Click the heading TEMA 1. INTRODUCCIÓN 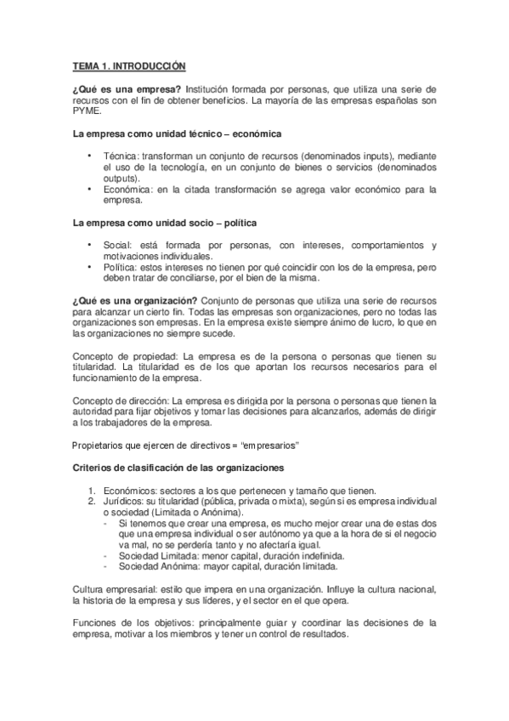[x=127, y=65]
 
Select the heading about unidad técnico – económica [x=178, y=134]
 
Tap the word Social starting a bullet [x=116, y=247]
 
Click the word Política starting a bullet [x=119, y=268]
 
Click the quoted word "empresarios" [x=274, y=445]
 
